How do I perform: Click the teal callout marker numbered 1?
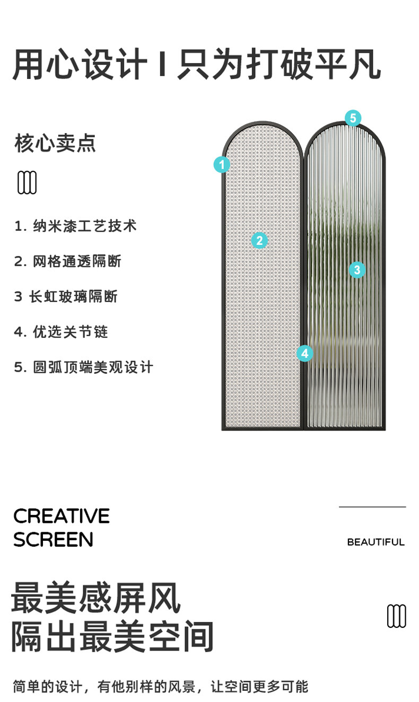pos(222,164)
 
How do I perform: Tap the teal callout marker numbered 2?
pos(259,241)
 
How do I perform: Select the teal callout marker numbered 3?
pos(357,270)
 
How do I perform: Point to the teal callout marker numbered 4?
pos(304,353)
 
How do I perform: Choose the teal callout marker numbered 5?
pos(353,118)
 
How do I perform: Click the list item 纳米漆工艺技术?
pos(76,226)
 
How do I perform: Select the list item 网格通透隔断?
pos(68,261)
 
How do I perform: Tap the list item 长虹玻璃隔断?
pos(66,297)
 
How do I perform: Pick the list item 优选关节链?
pos(62,332)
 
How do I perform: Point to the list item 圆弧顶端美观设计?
pos(84,367)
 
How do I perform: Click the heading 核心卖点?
pos(55,143)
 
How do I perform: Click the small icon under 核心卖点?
pos(28,182)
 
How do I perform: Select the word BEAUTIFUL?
pos(376,542)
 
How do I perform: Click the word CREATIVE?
pos(62,516)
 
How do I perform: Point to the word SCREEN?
pos(53,540)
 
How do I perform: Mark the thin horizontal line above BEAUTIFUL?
pos(372,507)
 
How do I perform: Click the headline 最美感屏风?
pos(96,597)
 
